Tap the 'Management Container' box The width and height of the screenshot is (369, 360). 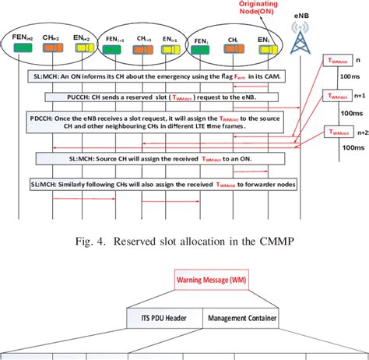242,318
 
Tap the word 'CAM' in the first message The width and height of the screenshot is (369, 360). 267,76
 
